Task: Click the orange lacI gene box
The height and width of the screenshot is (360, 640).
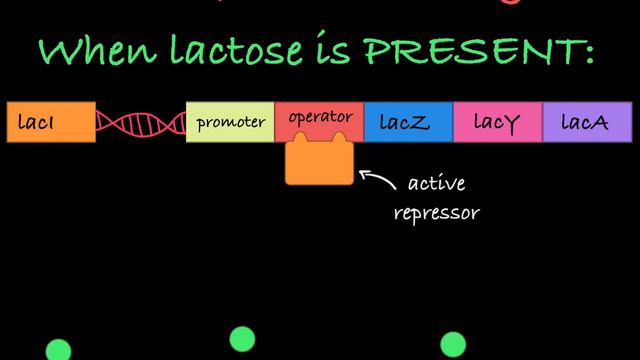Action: point(51,122)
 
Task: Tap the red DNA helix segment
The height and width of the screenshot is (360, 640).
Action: point(141,123)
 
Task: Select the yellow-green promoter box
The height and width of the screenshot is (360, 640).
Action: point(231,122)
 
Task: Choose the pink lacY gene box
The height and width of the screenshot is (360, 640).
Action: point(498,122)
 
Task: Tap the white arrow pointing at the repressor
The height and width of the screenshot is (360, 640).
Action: point(376,179)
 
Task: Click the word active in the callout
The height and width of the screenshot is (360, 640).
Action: point(437,185)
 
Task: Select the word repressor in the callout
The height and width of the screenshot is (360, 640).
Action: point(438,213)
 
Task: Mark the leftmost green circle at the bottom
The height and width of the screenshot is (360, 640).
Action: point(59,350)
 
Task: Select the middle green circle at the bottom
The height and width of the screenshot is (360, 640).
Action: point(242,339)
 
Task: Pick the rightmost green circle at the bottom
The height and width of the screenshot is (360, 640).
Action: point(453,345)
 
